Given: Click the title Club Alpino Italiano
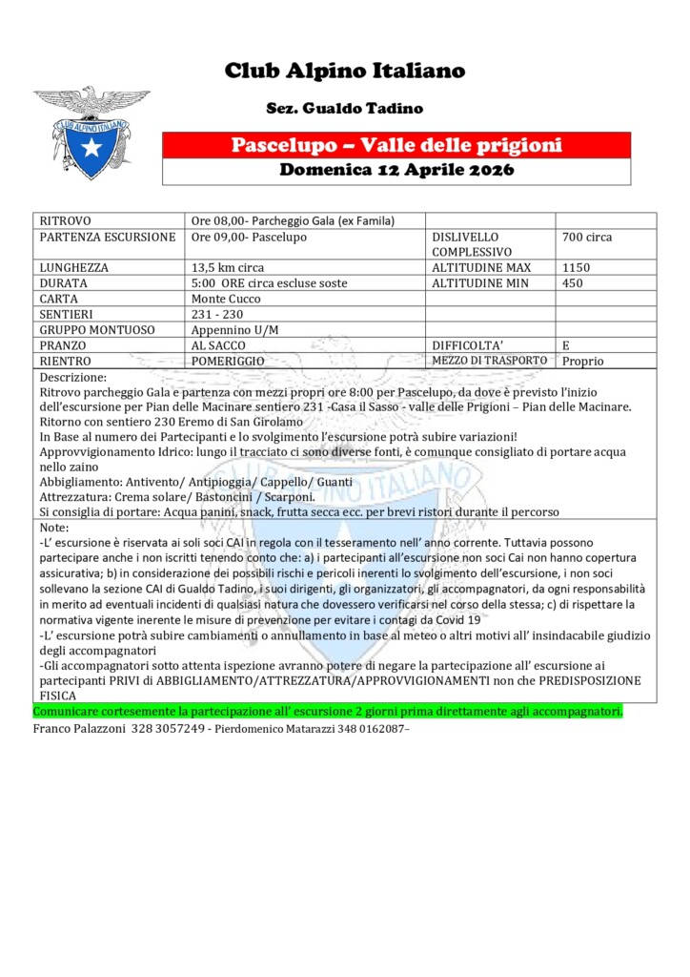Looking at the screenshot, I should click(x=345, y=71).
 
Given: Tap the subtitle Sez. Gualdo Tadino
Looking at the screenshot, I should click(x=344, y=109).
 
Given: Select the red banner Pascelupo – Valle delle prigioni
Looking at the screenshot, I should click(x=396, y=145).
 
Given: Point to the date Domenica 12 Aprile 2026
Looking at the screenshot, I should click(x=396, y=171).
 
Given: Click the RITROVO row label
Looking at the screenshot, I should click(x=66, y=220).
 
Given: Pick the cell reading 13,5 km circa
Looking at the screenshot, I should click(x=228, y=268).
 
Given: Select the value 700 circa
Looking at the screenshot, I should click(x=587, y=237).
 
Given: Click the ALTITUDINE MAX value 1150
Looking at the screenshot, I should click(x=578, y=268).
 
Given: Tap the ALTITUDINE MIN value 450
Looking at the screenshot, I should click(x=574, y=283).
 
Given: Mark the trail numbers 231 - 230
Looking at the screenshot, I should click(x=217, y=314).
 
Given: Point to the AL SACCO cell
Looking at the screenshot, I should click(x=219, y=345).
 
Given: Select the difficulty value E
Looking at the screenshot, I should click(x=567, y=345).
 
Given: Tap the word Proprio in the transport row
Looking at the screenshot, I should click(x=582, y=361).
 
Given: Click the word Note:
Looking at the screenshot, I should click(x=55, y=528).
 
